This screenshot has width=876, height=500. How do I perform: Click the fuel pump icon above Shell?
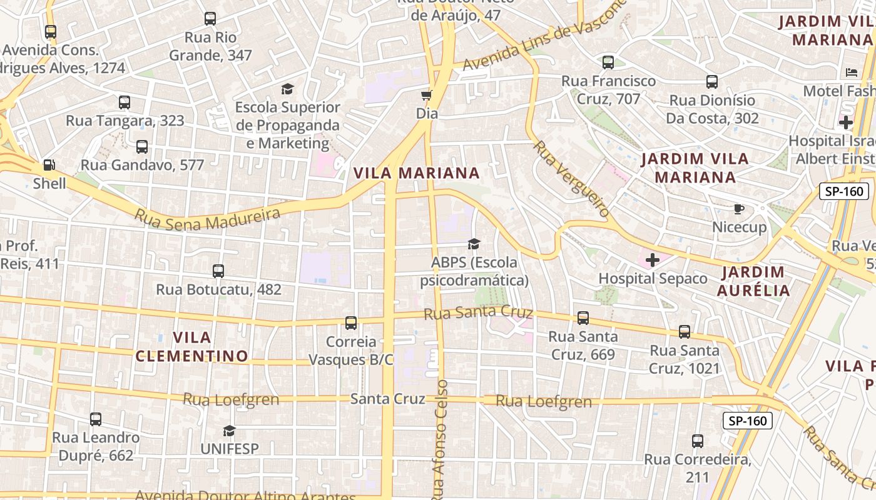coord(49,166)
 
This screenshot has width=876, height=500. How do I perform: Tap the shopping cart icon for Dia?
coord(427,96)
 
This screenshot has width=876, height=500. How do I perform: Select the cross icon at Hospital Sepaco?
coord(653,260)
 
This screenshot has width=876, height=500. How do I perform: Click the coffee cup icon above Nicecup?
coord(739,209)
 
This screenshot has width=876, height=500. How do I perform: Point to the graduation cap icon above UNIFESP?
coord(229,431)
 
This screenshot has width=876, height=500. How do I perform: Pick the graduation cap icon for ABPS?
coord(474,244)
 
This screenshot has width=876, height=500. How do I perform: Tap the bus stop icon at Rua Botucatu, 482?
coord(218,271)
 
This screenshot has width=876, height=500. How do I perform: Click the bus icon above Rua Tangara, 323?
coord(125,102)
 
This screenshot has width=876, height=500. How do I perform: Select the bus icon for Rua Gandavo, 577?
coord(142,147)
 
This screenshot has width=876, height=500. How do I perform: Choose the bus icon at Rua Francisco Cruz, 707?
coord(608,62)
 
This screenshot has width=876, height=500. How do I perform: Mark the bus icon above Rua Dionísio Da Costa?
coord(712,82)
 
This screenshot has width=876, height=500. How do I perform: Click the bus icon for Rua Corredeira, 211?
coord(698,441)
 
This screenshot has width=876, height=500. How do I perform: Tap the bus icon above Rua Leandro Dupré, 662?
coord(96,419)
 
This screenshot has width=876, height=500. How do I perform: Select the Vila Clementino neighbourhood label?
coord(191,347)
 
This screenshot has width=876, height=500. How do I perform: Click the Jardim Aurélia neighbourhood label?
coord(753,281)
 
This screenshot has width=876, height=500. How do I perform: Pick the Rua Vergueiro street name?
coord(571,179)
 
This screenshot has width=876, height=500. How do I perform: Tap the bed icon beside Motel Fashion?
coord(852,72)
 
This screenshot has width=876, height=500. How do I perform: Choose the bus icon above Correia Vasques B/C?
coord(351,323)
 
